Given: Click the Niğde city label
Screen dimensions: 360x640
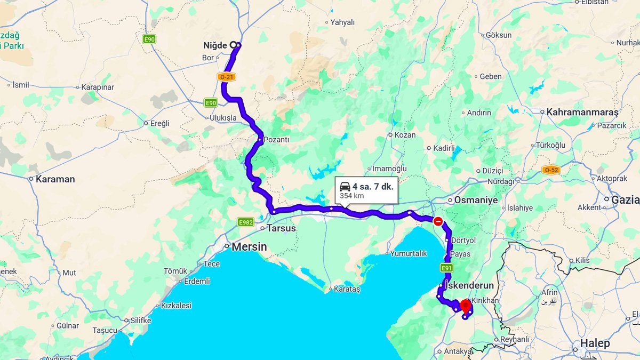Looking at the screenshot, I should click(215, 45).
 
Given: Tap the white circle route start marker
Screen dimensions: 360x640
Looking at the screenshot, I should click(233, 45).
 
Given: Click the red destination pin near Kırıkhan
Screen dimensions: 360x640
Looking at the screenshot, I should click(465, 306).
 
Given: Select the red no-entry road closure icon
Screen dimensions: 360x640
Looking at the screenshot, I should click(438, 221).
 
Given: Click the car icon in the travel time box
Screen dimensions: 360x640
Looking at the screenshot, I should click(345, 186).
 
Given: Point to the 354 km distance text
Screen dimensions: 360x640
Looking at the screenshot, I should click(352, 196).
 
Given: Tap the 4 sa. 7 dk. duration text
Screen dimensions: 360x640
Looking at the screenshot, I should click(373, 186).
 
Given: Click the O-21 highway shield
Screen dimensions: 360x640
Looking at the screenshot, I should click(226, 77).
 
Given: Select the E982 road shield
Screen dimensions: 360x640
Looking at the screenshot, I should click(246, 222).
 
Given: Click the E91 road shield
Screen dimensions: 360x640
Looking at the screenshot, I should click(447, 268).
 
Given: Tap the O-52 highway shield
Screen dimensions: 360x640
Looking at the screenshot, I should click(551, 170).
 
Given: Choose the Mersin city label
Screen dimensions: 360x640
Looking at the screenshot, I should click(249, 247).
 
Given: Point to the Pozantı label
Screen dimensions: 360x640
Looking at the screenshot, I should click(276, 140).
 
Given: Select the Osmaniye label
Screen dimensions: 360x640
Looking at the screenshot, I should click(476, 200).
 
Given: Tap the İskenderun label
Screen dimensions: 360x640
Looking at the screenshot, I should click(472, 286).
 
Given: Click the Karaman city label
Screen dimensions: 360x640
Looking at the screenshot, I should click(55, 179).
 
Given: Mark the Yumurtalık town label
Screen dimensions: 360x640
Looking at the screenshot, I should click(409, 253).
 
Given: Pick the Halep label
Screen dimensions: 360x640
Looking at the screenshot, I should click(595, 343).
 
